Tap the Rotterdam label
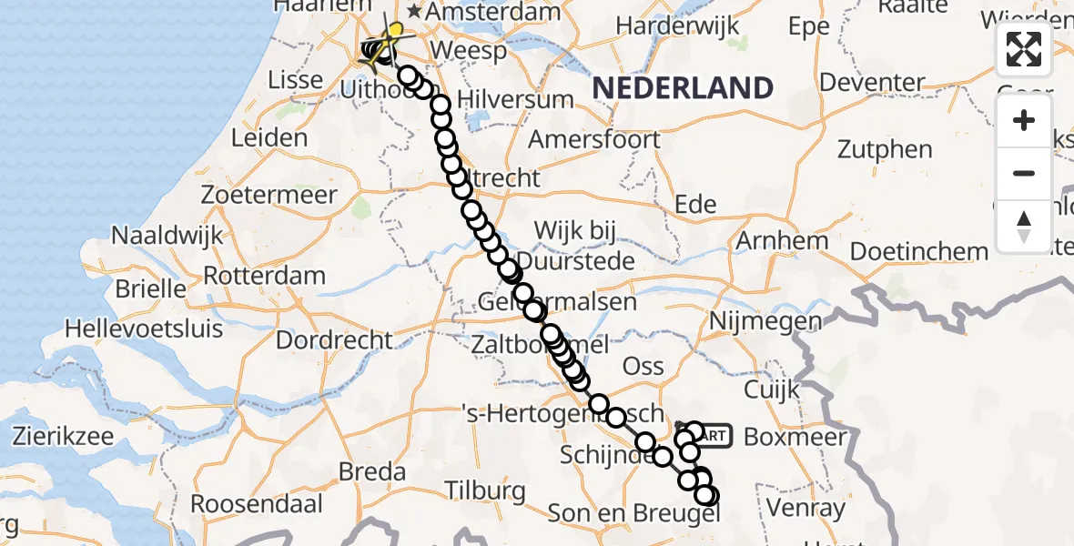coord(265,275)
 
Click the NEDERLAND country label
coord(683,88)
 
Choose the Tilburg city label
coord(486,490)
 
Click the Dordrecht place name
coord(334,340)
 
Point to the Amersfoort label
coord(594,139)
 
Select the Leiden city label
coord(269,138)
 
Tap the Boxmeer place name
coord(795,436)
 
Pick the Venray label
coord(806,507)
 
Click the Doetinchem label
coord(918,250)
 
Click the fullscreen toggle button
coord(1024,49)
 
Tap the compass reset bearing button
coord(1024,227)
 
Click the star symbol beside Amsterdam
coord(415,13)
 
